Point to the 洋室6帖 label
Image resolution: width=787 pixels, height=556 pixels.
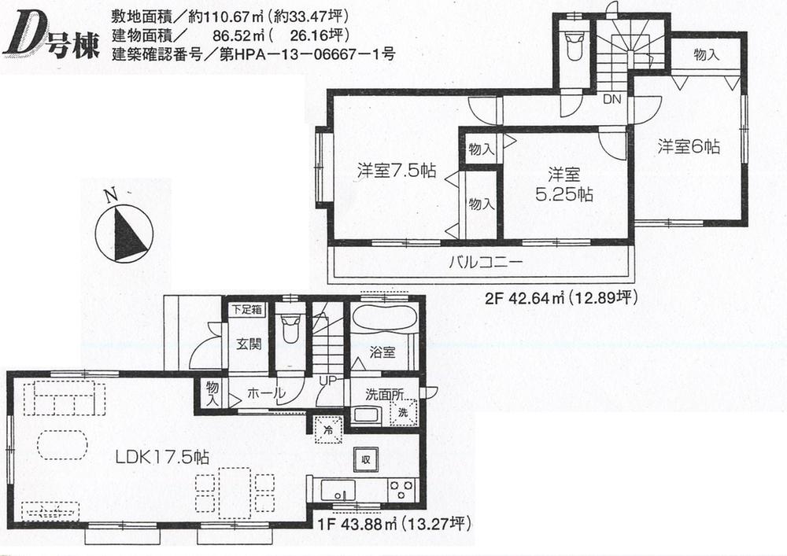click(x=689, y=146)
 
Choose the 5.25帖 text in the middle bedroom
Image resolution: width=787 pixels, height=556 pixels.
click(x=564, y=194)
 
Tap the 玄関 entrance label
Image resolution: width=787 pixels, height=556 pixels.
click(x=249, y=344)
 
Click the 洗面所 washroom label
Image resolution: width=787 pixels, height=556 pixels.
click(x=383, y=395)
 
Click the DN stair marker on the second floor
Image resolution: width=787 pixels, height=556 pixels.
click(x=611, y=100)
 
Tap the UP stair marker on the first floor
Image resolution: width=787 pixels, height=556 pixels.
click(x=328, y=381)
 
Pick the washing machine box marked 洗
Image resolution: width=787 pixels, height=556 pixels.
click(x=402, y=412)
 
